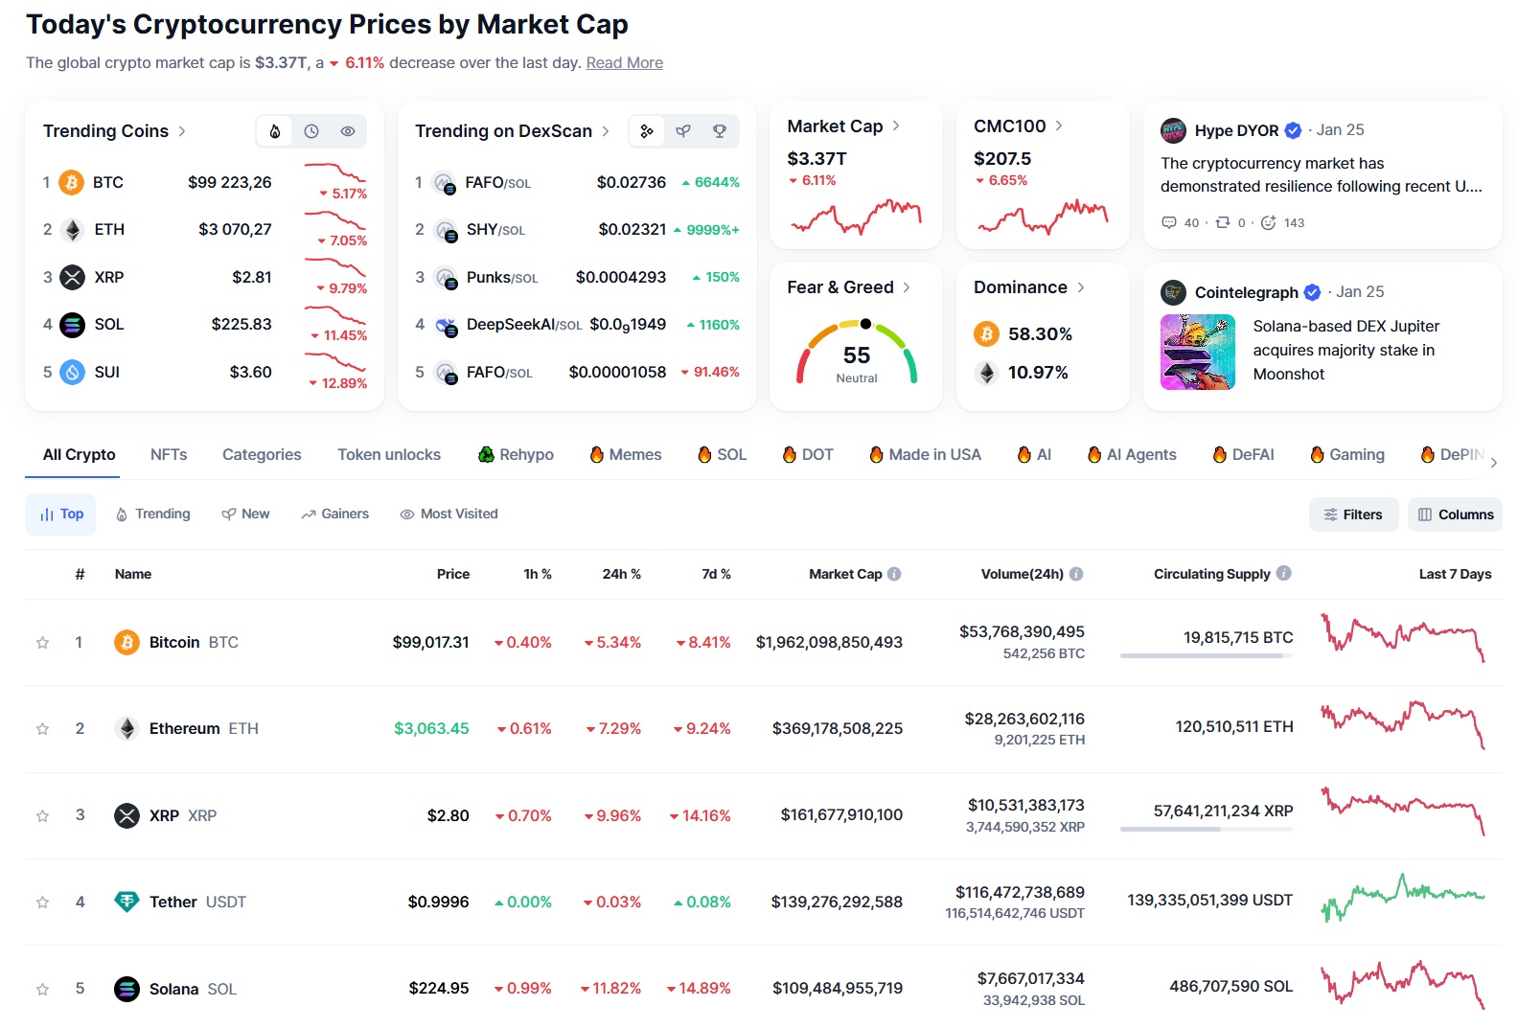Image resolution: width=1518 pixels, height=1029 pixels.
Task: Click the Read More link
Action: pos(624,63)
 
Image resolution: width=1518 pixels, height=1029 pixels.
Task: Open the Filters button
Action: pos(1352,514)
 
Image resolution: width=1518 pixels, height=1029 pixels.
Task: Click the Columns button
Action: pos(1455,514)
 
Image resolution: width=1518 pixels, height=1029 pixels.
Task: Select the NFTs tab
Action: pos(169,455)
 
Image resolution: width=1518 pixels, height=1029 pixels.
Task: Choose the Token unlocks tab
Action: pos(388,455)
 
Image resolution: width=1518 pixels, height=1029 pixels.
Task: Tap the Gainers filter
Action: pos(334,514)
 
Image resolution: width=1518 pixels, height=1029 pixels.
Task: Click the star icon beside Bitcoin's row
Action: pos(42,643)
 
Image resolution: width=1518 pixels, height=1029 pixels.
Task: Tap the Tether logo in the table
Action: pos(126,902)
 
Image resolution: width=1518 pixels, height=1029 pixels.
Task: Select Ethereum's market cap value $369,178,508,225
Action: pos(837,729)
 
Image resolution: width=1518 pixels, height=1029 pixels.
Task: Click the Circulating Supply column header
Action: pos(1211,574)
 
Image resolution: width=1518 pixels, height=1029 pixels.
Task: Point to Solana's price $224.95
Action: pos(439,989)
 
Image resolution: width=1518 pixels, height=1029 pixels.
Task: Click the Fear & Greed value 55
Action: pos(857,355)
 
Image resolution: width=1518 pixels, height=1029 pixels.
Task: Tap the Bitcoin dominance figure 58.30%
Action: pos(1040,334)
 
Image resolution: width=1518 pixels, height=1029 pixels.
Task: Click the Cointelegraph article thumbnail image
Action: pos(1197,352)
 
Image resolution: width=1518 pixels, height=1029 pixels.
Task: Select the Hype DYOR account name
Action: pos(1236,130)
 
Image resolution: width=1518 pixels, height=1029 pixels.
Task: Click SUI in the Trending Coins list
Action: pos(106,373)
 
